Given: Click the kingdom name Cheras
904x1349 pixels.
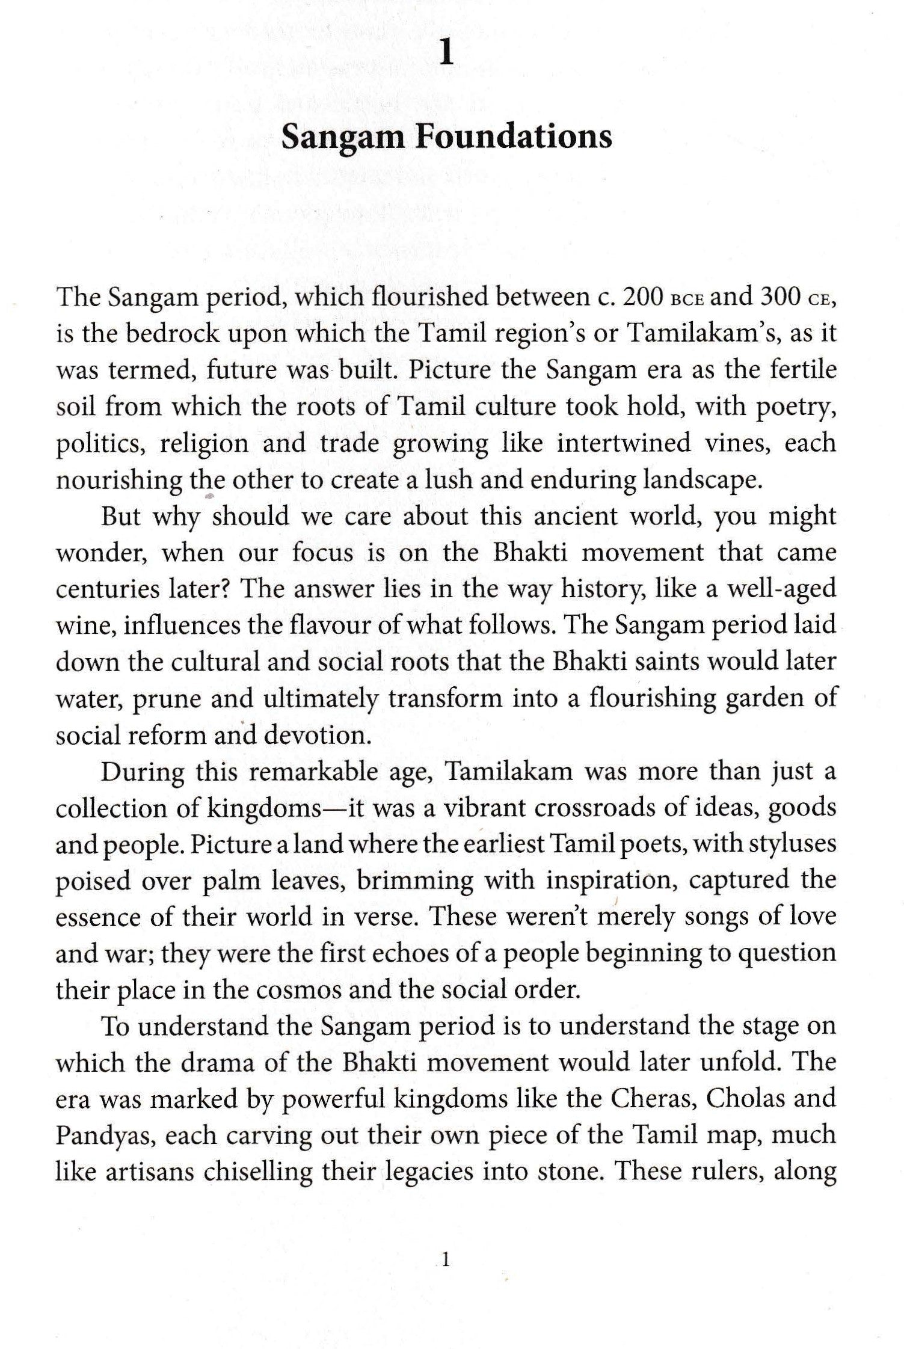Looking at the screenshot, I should pyautogui.click(x=653, y=1099).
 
